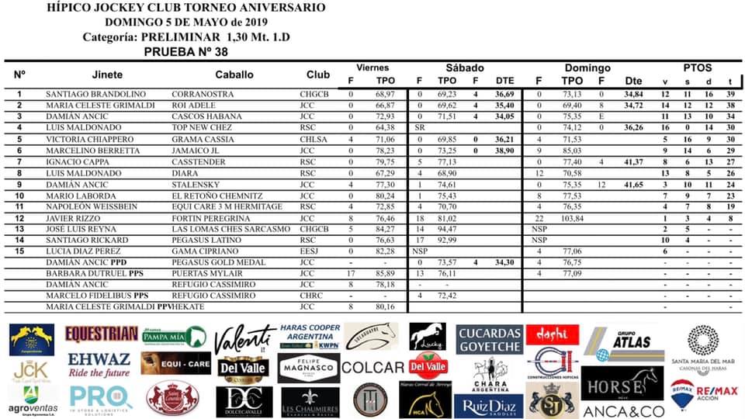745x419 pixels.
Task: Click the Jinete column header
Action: [x=107, y=74]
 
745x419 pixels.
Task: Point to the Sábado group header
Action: [x=465, y=68]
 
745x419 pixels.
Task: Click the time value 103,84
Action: [x=572, y=219]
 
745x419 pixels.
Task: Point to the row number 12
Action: [x=19, y=219]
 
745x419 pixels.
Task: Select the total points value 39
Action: [x=729, y=93]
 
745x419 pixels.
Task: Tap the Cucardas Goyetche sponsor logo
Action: [x=489, y=338]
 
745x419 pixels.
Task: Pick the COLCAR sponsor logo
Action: [x=372, y=368]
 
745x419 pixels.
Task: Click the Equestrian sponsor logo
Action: [x=102, y=334]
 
